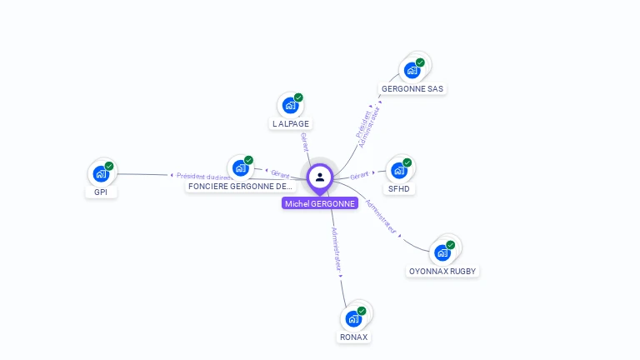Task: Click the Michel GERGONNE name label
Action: (319, 203)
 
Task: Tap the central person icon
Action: (320, 177)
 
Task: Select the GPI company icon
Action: (101, 173)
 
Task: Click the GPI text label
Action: (101, 192)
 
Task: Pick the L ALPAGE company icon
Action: (290, 105)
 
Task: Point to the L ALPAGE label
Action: (290, 123)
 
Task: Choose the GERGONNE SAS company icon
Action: (412, 70)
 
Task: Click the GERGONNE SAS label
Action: (412, 88)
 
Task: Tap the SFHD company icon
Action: (399, 170)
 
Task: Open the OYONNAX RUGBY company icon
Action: (442, 252)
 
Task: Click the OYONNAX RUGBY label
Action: (443, 271)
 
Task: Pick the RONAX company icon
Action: (353, 318)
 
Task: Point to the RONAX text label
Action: (353, 337)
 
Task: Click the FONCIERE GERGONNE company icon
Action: (240, 167)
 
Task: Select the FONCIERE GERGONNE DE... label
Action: (241, 187)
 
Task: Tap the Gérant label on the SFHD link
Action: (360, 175)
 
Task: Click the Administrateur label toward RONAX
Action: (336, 249)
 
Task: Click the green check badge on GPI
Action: (109, 166)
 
